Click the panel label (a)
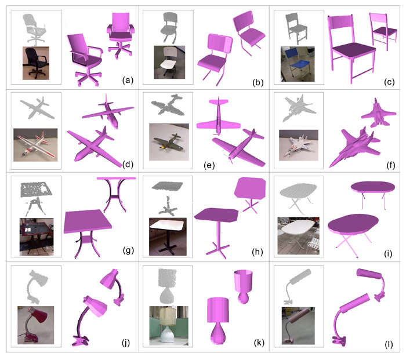(128, 80)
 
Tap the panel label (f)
(390, 165)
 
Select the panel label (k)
(259, 343)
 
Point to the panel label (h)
(258, 252)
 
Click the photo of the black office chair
(36, 63)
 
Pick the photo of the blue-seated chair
(298, 64)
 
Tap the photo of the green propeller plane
(169, 142)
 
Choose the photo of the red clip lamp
(36, 325)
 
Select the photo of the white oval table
(298, 235)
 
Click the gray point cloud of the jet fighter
(299, 108)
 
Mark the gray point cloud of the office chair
(35, 28)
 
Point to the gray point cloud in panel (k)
(168, 286)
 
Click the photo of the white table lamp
(169, 326)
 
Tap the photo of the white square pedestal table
(168, 237)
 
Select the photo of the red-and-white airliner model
(35, 145)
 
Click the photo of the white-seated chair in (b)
(169, 62)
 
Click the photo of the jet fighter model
(299, 145)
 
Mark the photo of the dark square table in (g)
(37, 237)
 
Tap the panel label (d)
(128, 164)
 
